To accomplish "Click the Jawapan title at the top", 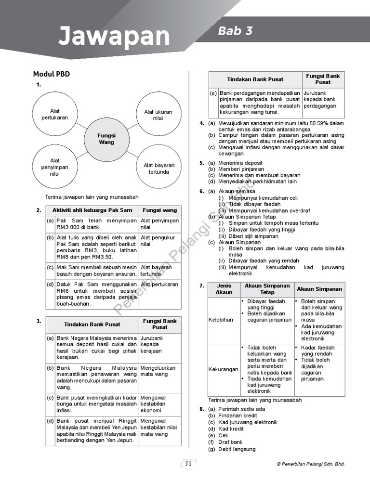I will point(114,37).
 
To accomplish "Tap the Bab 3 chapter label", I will point(235,31).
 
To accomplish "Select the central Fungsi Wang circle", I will point(106,139).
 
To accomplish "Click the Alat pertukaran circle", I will point(55,114).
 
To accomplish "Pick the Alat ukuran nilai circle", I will point(158,115).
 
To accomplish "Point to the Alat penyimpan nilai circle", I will point(55,167).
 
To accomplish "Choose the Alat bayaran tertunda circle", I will point(159,169).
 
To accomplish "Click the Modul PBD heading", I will point(51,74).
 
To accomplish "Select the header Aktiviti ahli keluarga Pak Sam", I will point(92,210).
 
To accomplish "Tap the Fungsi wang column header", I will point(160,210).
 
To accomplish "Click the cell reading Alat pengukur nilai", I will point(159,241).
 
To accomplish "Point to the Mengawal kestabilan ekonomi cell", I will point(159,404).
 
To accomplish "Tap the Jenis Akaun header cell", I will point(224,289).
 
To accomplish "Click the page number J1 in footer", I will point(188,464).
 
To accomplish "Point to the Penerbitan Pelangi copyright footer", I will point(311,464).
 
